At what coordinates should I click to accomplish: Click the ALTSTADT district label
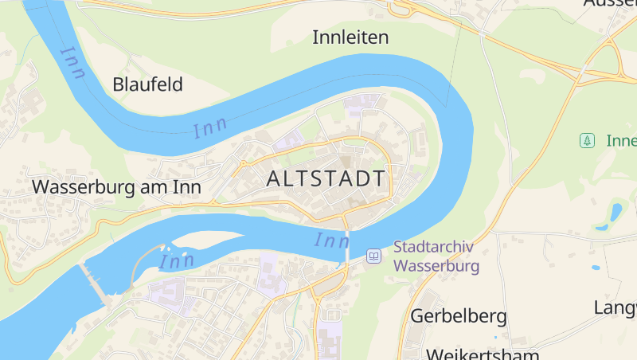pyautogui.click(x=326, y=178)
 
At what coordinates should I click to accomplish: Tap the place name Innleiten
pyautogui.click(x=350, y=37)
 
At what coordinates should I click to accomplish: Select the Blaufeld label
pyautogui.click(x=148, y=84)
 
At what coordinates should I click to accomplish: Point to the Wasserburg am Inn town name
pyautogui.click(x=115, y=186)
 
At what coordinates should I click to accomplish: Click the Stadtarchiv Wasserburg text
pyautogui.click(x=436, y=256)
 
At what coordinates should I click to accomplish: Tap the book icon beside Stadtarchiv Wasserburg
pyautogui.click(x=373, y=256)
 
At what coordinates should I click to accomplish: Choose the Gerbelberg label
pyautogui.click(x=458, y=316)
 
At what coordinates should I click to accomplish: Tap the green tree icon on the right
pyautogui.click(x=587, y=141)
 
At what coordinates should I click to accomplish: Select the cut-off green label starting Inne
pyautogui.click(x=621, y=141)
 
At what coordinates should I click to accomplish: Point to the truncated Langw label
pyautogui.click(x=615, y=307)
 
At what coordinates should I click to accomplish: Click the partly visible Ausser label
pyautogui.click(x=609, y=4)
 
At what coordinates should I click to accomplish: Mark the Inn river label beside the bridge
pyautogui.click(x=331, y=239)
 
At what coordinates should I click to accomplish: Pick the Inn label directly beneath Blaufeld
pyautogui.click(x=210, y=127)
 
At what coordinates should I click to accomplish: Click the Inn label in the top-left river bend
pyautogui.click(x=72, y=62)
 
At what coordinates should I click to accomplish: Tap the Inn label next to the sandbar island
pyautogui.click(x=177, y=260)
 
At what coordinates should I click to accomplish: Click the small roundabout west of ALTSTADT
pyautogui.click(x=243, y=165)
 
